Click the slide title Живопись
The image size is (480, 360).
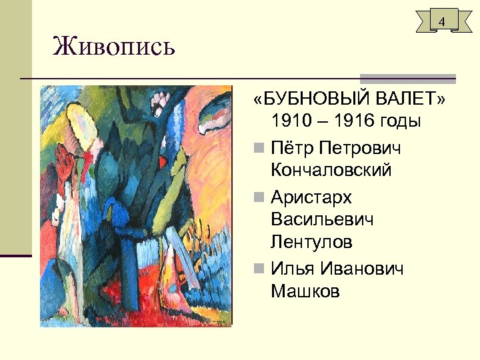[x=114, y=47]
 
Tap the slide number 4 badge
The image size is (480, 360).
[x=441, y=22]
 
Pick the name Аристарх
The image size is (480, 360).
[x=311, y=197]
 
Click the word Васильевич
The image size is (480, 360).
[x=323, y=219]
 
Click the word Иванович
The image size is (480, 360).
[x=363, y=268]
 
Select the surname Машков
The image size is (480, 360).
[x=305, y=291]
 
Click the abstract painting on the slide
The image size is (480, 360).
[x=135, y=205]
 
